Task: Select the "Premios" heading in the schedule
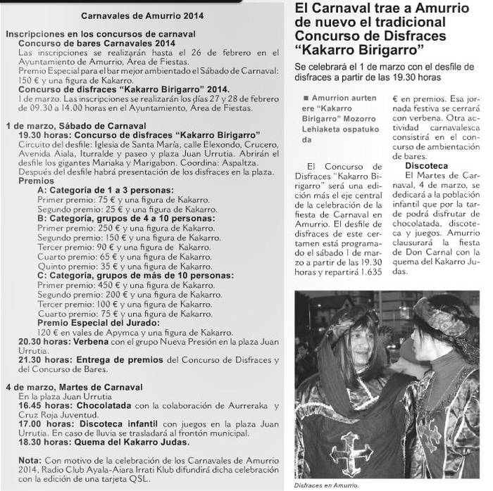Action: click(x=35, y=181)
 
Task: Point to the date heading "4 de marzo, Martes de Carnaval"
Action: click(x=74, y=388)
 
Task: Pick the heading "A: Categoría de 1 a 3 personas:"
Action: click(x=105, y=191)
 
